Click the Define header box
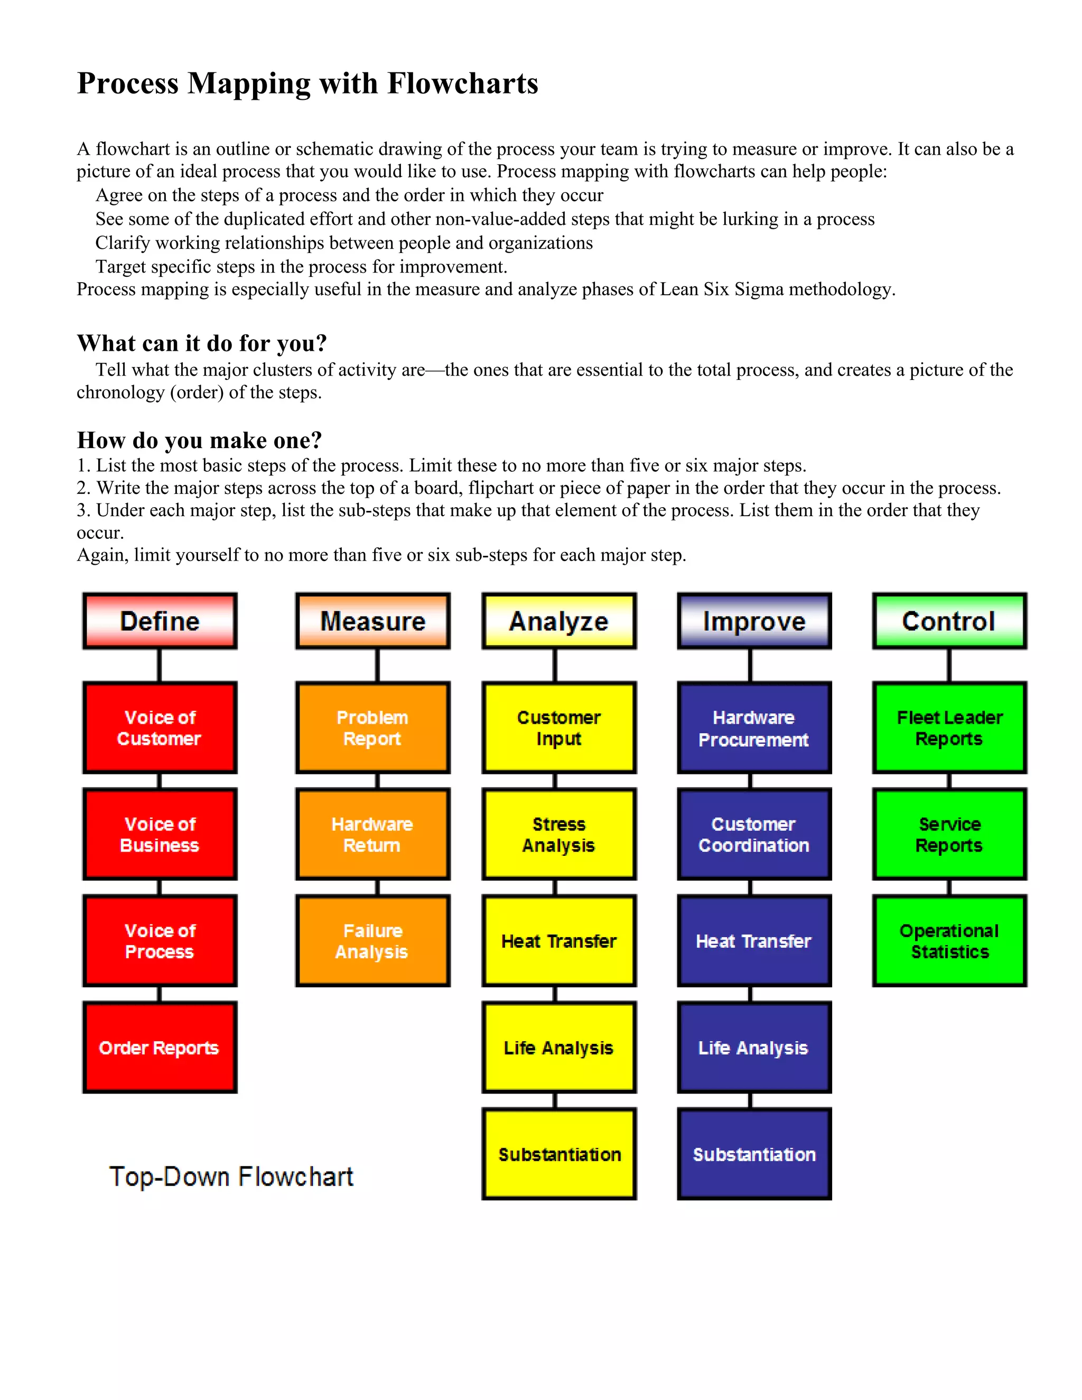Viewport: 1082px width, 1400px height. coord(160,621)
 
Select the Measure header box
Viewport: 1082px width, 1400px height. coord(372,621)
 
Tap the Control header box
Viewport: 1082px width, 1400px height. coord(949,621)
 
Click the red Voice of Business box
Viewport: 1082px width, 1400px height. coord(160,834)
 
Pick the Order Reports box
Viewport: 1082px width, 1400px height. coord(160,1048)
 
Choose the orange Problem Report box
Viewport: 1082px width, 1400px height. coord(372,727)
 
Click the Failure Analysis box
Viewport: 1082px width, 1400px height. coord(372,940)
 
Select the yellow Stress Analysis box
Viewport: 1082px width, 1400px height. coord(559,834)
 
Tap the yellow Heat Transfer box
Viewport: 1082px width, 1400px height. coord(559,940)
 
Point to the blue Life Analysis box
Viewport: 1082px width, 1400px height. coord(754,1048)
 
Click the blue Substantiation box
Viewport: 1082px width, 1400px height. coord(754,1154)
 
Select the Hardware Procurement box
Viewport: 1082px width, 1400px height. coord(754,727)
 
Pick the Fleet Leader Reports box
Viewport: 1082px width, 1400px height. coord(949,727)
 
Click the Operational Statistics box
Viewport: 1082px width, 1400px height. coord(949,940)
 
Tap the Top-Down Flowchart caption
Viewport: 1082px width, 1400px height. coord(231,1177)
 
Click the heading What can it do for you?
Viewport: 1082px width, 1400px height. coord(202,343)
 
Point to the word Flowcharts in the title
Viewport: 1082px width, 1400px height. coord(463,83)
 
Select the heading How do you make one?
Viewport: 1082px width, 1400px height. coord(199,441)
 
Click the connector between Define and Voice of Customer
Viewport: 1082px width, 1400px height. coord(160,665)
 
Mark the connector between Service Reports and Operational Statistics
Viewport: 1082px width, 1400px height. coord(949,887)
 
